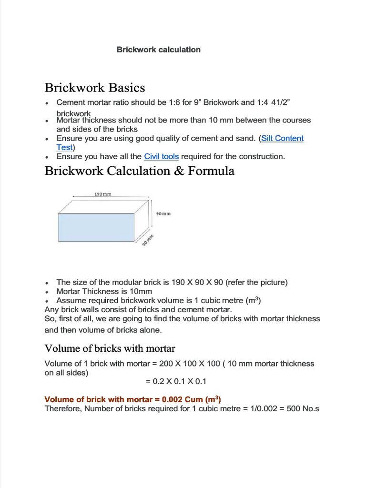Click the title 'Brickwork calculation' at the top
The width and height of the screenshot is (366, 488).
pyautogui.click(x=158, y=50)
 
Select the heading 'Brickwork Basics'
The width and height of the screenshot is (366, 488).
pyautogui.click(x=94, y=88)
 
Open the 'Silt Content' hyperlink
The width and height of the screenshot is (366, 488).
pyautogui.click(x=282, y=138)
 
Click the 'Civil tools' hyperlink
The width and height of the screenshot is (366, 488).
pyautogui.click(x=161, y=156)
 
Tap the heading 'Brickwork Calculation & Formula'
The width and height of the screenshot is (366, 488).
pyautogui.click(x=139, y=171)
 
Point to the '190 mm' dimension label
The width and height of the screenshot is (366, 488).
pyautogui.click(x=103, y=194)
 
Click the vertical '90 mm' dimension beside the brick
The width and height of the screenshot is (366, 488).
pyautogui.click(x=163, y=214)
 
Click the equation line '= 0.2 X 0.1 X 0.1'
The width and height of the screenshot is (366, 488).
pyautogui.click(x=176, y=381)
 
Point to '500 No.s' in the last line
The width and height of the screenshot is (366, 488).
pyautogui.click(x=303, y=409)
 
